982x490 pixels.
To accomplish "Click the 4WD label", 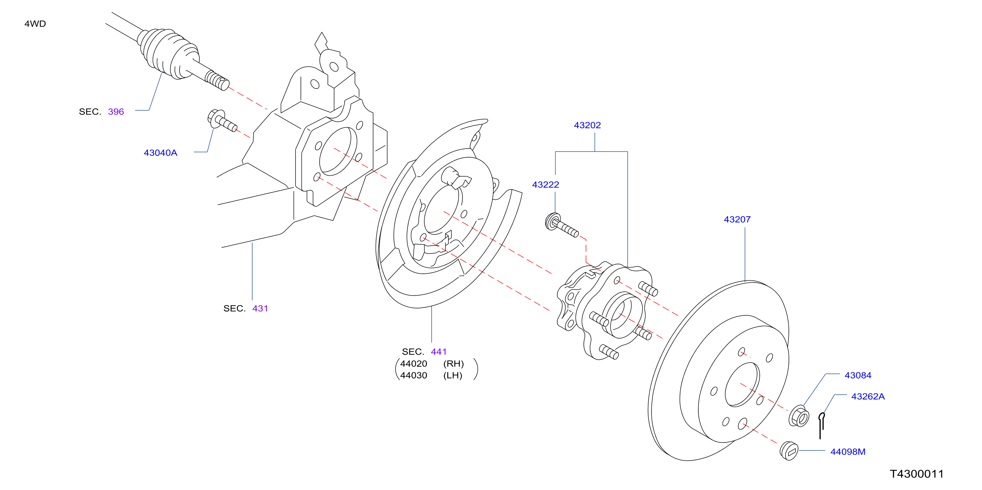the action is pyautogui.click(x=35, y=24).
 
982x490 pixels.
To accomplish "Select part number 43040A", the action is pyautogui.click(x=160, y=153).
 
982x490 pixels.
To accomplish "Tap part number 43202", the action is pyautogui.click(x=587, y=125).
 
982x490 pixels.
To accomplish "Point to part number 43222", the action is pyautogui.click(x=545, y=185).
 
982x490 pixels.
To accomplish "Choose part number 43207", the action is pyautogui.click(x=737, y=220).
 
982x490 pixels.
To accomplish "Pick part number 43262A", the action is pyautogui.click(x=868, y=397).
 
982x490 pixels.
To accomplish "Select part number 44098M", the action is pyautogui.click(x=848, y=452).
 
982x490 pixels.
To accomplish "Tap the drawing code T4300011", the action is pyautogui.click(x=917, y=474).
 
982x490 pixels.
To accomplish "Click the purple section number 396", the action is pyautogui.click(x=116, y=112).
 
